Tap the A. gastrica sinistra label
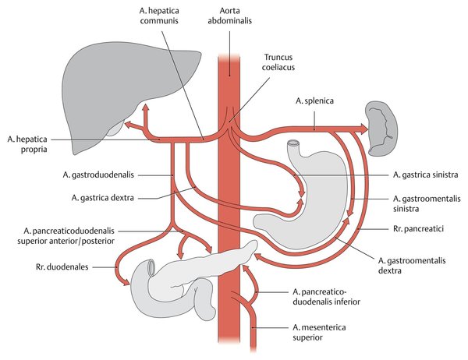point(426,175)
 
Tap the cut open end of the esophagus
point(294,145)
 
